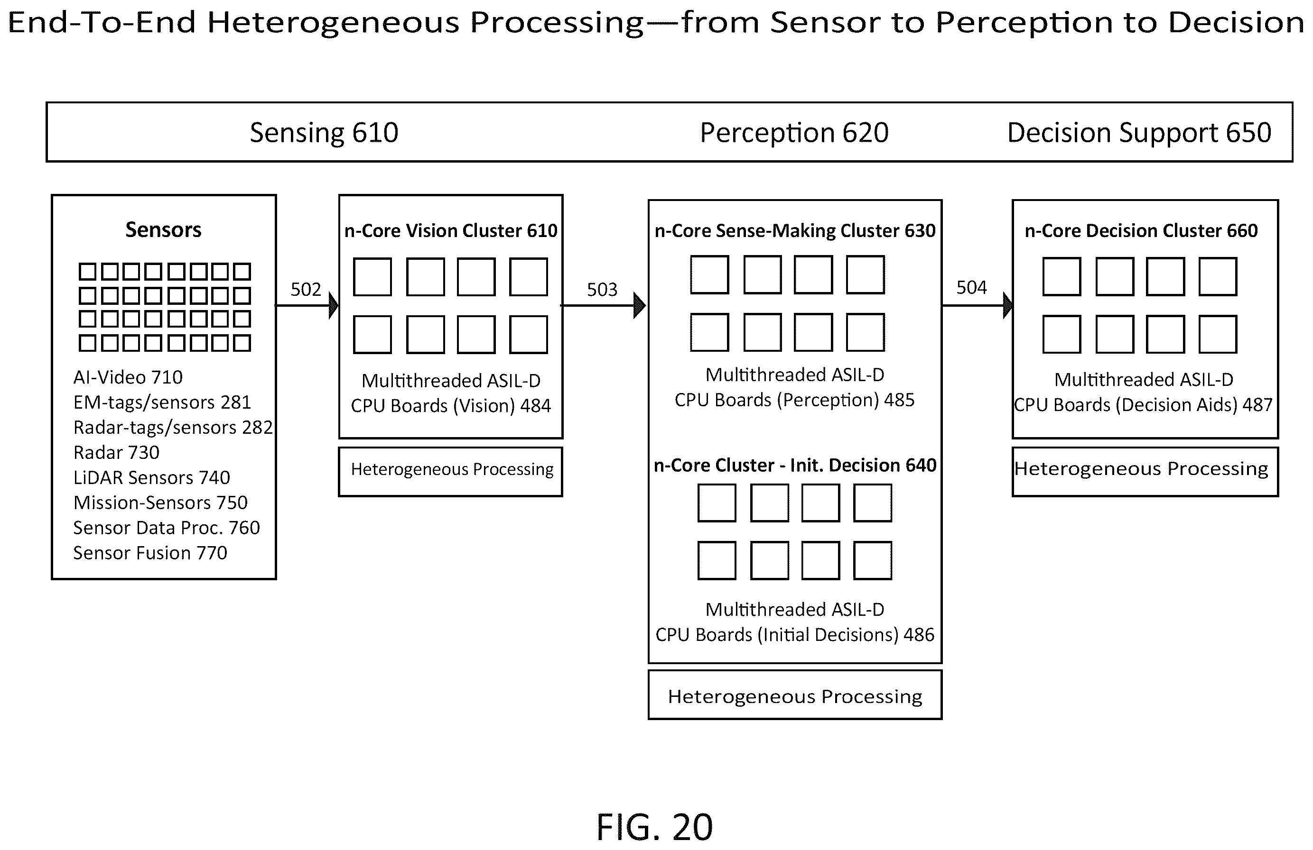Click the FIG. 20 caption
(x=654, y=827)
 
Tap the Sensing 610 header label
(x=324, y=133)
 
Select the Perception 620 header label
(x=794, y=133)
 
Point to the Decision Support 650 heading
(x=1139, y=133)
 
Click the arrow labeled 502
(x=307, y=305)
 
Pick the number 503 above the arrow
(x=602, y=289)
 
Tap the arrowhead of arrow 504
(x=1007, y=305)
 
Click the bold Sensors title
(x=163, y=229)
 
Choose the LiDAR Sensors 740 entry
(x=152, y=477)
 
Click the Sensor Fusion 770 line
(x=150, y=553)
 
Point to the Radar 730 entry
(x=116, y=453)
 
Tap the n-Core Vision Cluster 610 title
(x=451, y=230)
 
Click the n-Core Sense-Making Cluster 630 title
(x=795, y=230)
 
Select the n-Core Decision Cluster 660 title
(x=1141, y=230)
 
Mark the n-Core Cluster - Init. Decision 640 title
(x=795, y=465)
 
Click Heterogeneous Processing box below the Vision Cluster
(x=451, y=472)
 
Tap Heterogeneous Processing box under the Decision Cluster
(x=1145, y=472)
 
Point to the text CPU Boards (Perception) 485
(x=794, y=400)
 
